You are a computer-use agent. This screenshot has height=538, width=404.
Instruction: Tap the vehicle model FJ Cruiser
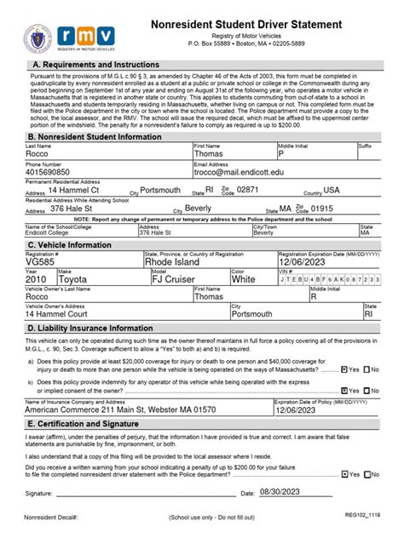[x=176, y=278]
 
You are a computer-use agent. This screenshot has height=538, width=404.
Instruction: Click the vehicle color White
[x=244, y=278]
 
